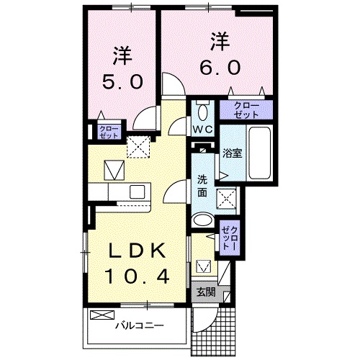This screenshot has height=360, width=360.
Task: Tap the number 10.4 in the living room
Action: pyautogui.click(x=140, y=275)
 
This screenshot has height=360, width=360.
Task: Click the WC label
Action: pyautogui.click(x=201, y=129)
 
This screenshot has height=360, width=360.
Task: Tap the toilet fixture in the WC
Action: pyautogui.click(x=202, y=111)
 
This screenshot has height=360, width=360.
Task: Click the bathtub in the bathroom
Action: pyautogui.click(x=258, y=154)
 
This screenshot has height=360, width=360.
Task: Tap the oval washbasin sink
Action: pyautogui.click(x=203, y=220)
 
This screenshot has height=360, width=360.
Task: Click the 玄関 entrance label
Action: pyautogui.click(x=205, y=292)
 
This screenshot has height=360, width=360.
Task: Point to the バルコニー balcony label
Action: pyautogui.click(x=140, y=325)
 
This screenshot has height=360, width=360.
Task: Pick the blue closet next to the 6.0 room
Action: pyautogui.click(x=247, y=109)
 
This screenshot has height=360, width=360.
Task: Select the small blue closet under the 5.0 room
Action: pyautogui.click(x=99, y=132)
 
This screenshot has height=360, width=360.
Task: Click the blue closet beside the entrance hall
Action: pyautogui.click(x=229, y=235)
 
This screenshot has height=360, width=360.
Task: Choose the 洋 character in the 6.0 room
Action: pyautogui.click(x=220, y=40)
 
